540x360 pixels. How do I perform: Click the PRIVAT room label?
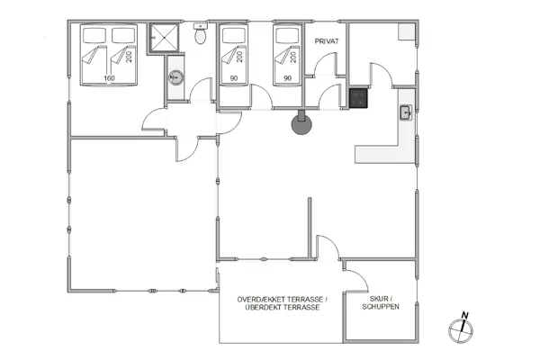coord(325,41)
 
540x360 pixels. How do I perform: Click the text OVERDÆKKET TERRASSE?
coord(283,299)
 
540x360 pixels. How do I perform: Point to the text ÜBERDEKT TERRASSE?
coord(283,308)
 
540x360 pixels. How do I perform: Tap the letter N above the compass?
coord(463,315)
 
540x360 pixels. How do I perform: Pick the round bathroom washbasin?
coord(175,76)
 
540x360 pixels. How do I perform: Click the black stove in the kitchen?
coord(359,98)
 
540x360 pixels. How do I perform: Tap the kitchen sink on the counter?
coord(406,112)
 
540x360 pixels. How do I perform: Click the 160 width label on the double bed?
coord(108,78)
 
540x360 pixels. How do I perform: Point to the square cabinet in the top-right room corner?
coord(407,32)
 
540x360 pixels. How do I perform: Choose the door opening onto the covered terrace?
coord(326,247)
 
